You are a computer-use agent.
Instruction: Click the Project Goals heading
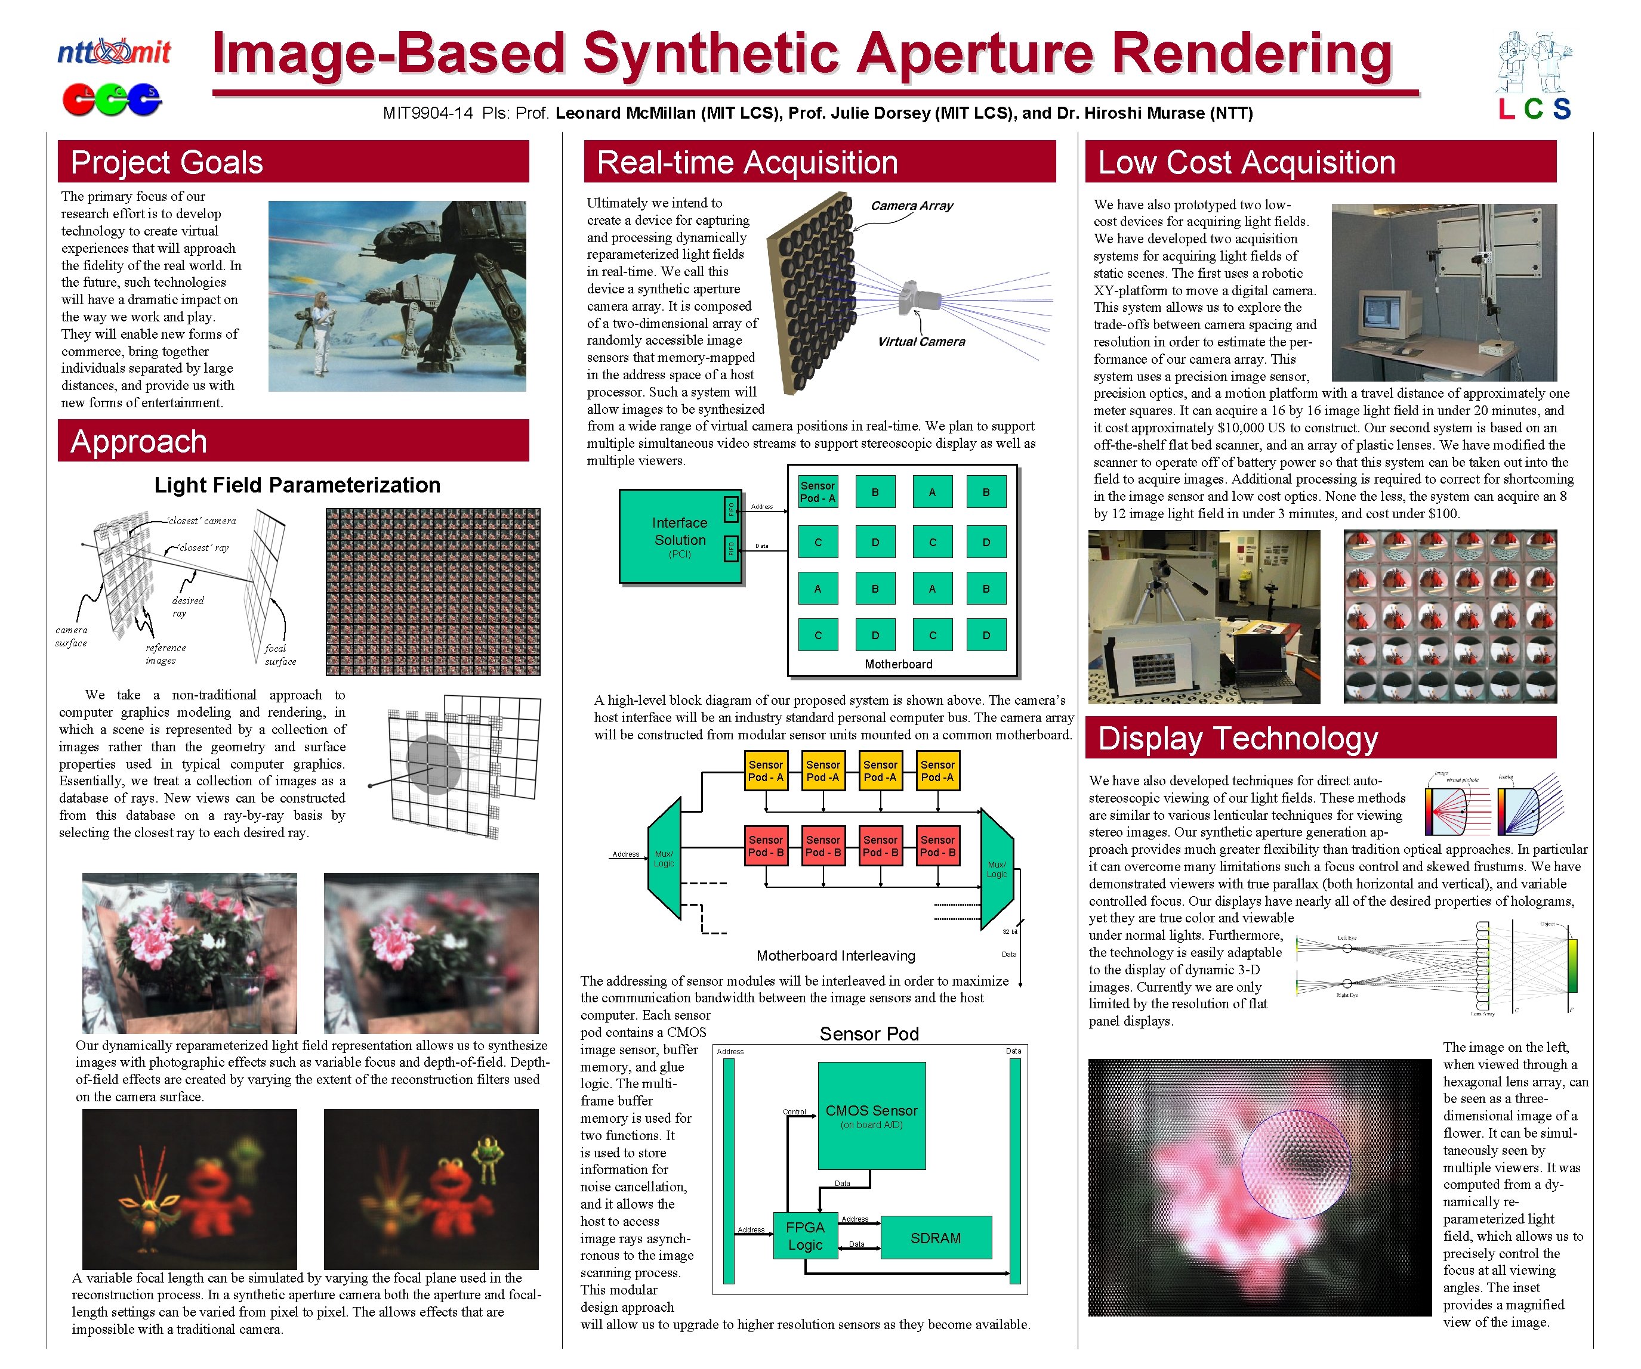coord(166,162)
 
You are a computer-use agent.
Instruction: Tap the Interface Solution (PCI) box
coord(679,537)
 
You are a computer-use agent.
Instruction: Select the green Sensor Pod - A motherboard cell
coord(818,492)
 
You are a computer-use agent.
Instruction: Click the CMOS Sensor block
coord(871,1115)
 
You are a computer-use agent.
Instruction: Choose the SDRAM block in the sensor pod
coord(936,1238)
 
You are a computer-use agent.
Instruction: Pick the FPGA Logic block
coord(804,1235)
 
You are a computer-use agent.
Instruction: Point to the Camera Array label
coord(911,205)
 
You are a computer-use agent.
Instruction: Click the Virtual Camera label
coord(921,341)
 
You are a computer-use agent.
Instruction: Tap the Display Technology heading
coord(1238,738)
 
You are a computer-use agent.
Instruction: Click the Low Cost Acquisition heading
coord(1247,162)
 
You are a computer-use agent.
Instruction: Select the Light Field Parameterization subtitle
coord(297,485)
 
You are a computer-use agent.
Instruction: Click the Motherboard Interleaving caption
coord(835,955)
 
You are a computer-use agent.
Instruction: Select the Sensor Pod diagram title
coord(869,1033)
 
